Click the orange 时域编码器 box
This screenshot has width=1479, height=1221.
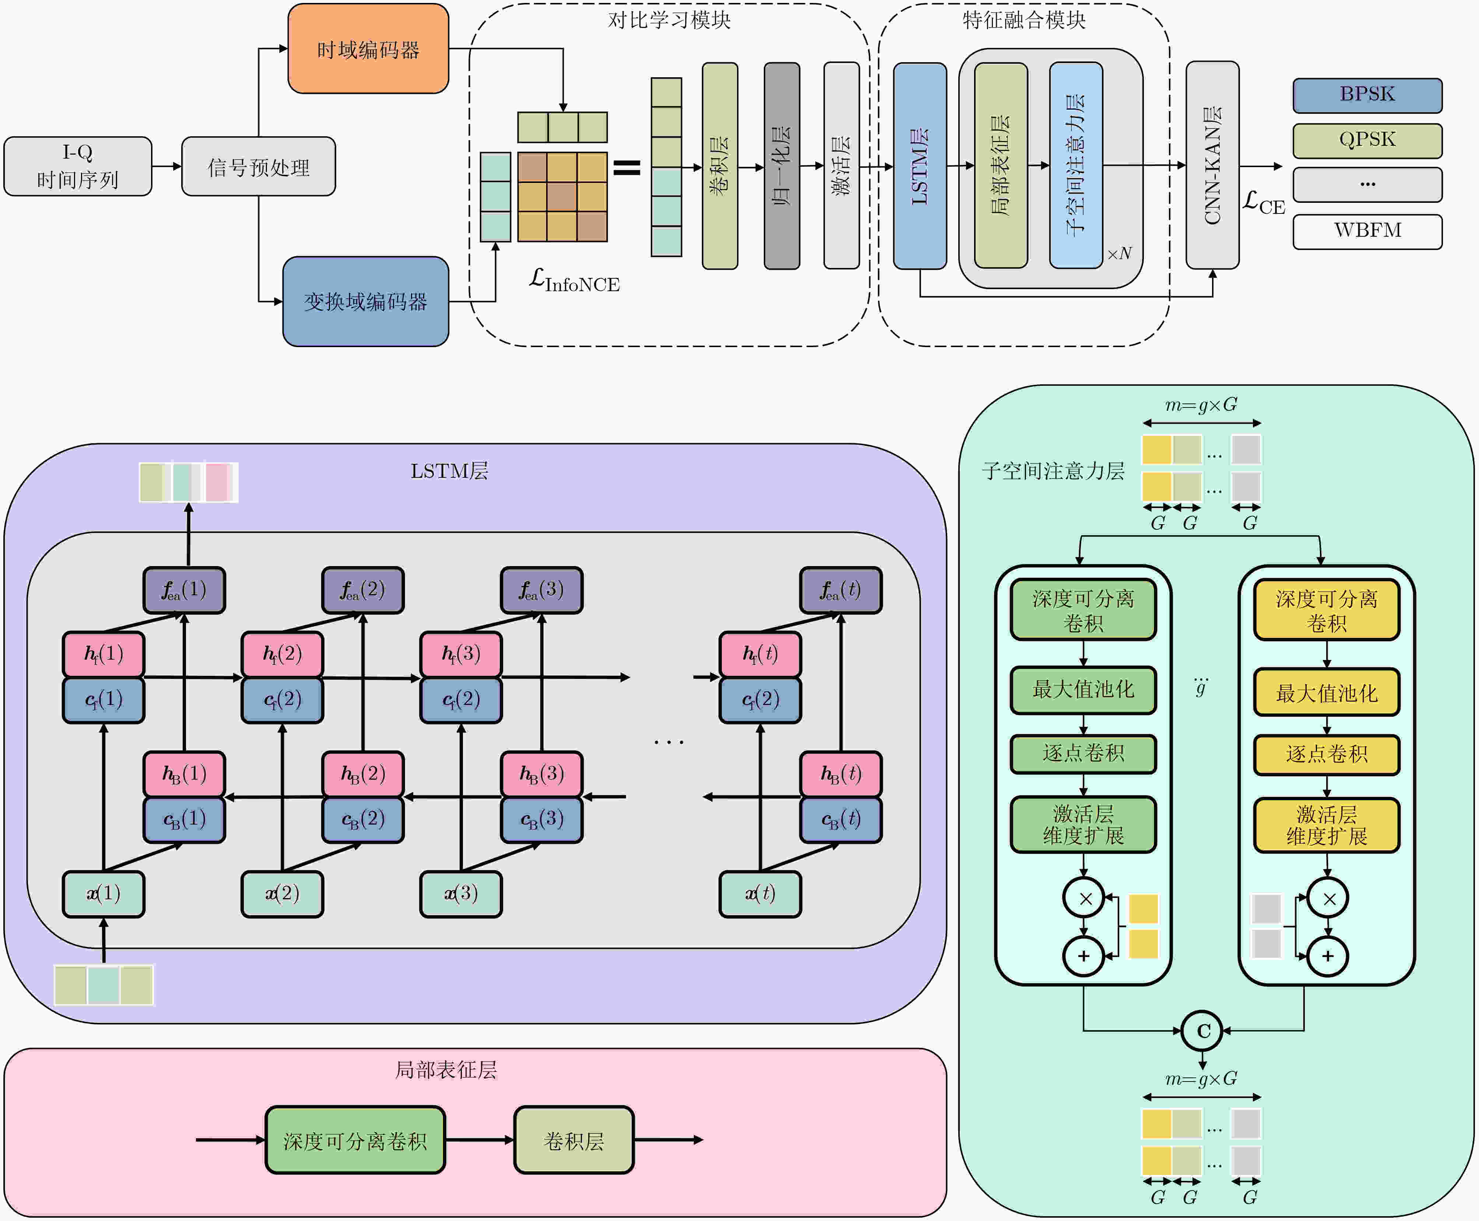coord(368,49)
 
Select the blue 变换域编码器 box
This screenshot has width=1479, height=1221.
coord(365,302)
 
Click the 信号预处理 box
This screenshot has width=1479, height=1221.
coord(258,167)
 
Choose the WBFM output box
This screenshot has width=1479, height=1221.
coord(1366,231)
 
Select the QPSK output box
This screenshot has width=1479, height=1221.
coord(1366,140)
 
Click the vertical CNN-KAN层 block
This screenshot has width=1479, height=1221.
coord(1212,165)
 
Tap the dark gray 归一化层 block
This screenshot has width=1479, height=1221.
coord(781,165)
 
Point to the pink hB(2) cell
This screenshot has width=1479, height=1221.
coord(362,774)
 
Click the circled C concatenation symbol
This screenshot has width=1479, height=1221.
coord(1202,1031)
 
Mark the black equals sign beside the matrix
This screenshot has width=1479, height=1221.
coord(626,167)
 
